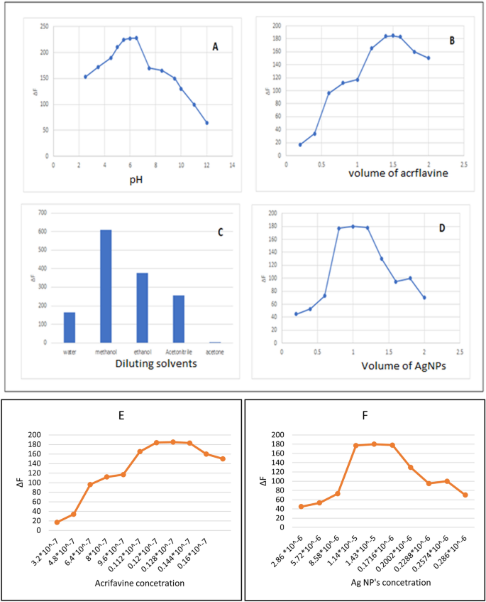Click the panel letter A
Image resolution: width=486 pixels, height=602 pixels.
(215, 47)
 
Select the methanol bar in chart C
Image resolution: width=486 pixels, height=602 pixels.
(106, 286)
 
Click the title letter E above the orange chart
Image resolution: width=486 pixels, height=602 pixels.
(123, 416)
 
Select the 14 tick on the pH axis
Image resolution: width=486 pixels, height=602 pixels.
(231, 165)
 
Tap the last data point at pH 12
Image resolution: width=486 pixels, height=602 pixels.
(206, 123)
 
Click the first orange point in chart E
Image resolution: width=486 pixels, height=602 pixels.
(57, 522)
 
